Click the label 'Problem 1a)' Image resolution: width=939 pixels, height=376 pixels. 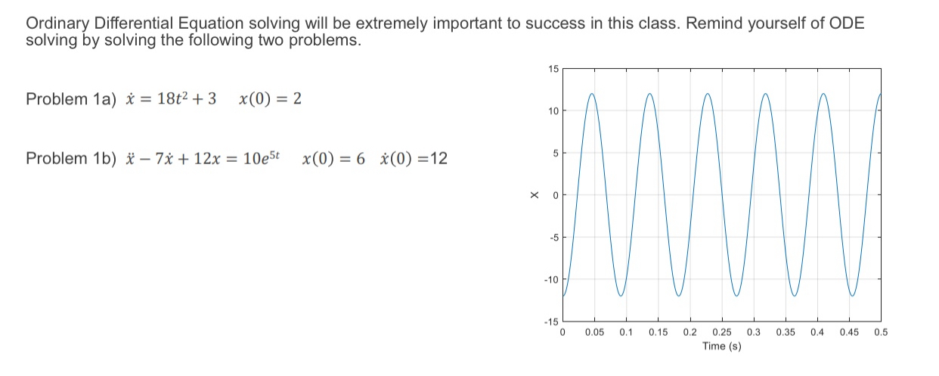point(68,99)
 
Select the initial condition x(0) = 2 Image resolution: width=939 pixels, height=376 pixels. point(270,99)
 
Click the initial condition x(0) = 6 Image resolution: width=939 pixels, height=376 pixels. point(333,159)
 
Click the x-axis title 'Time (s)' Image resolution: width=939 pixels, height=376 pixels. point(721,346)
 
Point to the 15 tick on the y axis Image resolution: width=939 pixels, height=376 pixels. point(553,70)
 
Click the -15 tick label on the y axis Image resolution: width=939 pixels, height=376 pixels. point(550,323)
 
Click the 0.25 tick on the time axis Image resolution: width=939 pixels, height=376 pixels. point(721,332)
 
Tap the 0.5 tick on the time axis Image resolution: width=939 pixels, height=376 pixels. point(880,332)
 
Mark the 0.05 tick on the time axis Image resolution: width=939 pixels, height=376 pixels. point(594,332)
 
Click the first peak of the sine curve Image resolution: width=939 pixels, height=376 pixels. point(592,94)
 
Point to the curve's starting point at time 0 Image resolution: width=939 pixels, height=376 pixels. point(563,296)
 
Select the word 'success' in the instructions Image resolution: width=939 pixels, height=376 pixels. point(542,23)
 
